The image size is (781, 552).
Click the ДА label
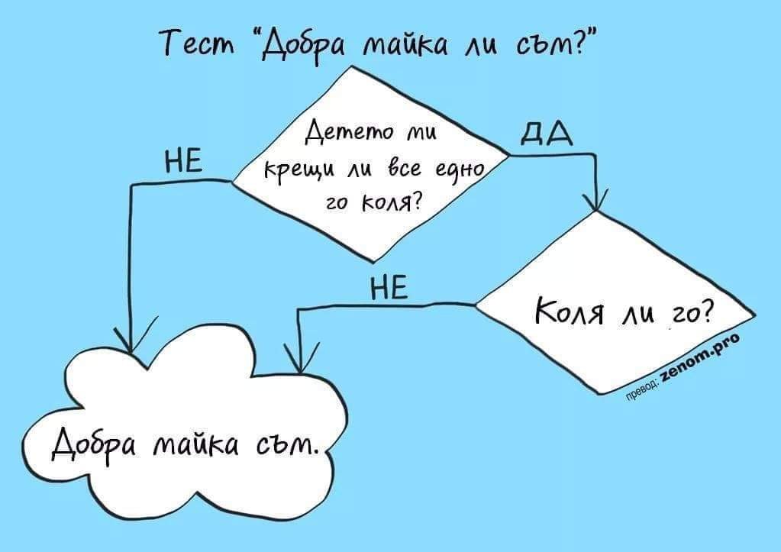543,139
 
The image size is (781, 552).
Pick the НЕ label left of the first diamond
184,163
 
